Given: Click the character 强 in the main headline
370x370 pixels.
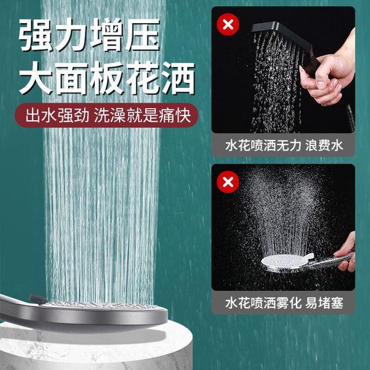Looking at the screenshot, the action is click(x=35, y=35).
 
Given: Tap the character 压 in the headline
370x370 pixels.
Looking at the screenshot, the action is click(x=142, y=35).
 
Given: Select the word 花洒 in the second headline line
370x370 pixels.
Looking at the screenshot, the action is click(x=161, y=78).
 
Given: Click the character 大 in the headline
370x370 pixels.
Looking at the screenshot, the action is click(x=35, y=78).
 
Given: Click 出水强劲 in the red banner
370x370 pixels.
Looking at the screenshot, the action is click(x=57, y=116).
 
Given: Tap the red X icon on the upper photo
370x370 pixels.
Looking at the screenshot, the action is click(x=228, y=24).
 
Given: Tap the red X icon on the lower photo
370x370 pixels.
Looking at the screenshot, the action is click(x=228, y=182).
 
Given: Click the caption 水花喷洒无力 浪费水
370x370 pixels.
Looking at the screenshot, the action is click(x=284, y=145).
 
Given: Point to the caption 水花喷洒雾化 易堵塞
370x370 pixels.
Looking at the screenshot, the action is click(x=284, y=303).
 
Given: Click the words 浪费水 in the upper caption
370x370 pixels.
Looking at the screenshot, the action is click(x=324, y=145).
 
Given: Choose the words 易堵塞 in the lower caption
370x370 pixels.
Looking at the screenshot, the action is click(x=324, y=303).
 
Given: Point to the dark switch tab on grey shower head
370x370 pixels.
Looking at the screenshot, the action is click(x=38, y=298).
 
